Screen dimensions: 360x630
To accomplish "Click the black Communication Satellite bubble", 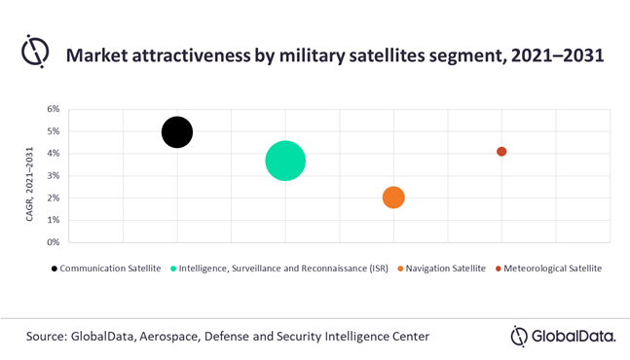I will coord(176,131).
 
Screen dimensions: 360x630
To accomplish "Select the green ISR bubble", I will coord(285,161).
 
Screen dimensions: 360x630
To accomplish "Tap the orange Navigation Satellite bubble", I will coord(393,198).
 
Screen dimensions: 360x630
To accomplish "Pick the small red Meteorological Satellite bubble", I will coord(501,152).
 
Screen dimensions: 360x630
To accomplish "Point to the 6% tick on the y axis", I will coord(54,109).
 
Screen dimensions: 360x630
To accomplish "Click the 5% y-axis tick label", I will coord(54,131).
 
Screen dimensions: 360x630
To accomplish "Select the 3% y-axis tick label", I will coord(54,176).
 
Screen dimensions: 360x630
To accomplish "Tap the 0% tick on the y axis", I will coord(54,242).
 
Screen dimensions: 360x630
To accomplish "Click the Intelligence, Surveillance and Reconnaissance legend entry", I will coord(281,268).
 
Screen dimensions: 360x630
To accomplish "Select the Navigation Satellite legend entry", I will coord(442,268).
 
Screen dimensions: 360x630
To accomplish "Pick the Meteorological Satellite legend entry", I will coord(551,268).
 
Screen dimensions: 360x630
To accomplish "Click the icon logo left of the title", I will coord(35,54).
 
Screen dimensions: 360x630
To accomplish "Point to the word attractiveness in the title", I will coord(201,55).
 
